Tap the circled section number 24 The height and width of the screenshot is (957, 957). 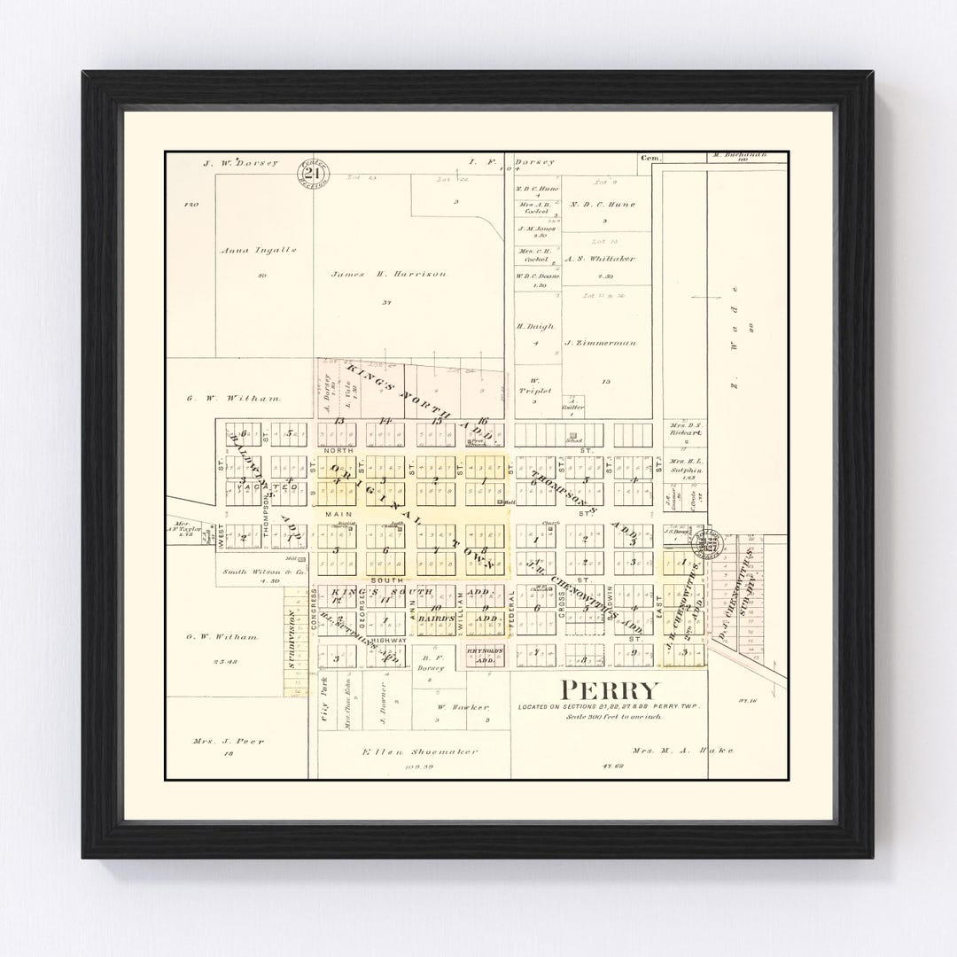[x=313, y=174]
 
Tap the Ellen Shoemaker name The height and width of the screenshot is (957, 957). [x=421, y=752]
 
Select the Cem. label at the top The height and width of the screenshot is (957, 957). [x=651, y=158]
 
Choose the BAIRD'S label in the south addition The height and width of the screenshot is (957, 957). [x=438, y=617]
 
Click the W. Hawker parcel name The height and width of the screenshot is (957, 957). [x=463, y=706]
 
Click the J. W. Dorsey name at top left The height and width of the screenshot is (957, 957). [x=240, y=163]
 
